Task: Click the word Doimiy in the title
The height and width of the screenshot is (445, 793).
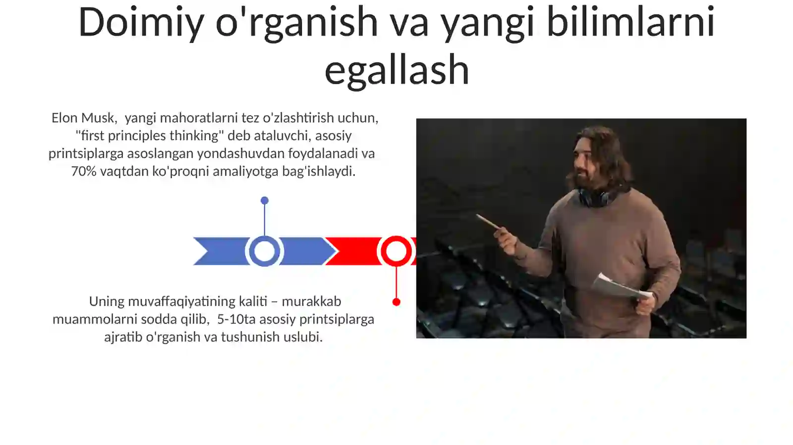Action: (141, 23)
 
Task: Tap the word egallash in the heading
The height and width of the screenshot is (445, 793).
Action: (396, 70)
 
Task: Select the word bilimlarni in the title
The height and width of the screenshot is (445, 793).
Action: (630, 23)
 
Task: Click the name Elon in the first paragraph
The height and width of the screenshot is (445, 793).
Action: (64, 118)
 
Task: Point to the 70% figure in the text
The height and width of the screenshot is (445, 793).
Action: (84, 171)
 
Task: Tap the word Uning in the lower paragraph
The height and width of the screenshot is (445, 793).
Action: (107, 301)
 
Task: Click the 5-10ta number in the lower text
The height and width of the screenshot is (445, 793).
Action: (236, 319)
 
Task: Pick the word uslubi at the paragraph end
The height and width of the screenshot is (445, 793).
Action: (307, 337)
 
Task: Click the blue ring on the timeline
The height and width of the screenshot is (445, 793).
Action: (264, 251)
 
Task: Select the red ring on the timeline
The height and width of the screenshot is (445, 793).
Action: (396, 251)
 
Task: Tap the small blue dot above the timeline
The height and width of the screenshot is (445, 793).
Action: (265, 200)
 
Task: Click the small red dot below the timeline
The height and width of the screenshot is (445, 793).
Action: (396, 302)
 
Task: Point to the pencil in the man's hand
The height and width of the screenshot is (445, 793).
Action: (489, 222)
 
